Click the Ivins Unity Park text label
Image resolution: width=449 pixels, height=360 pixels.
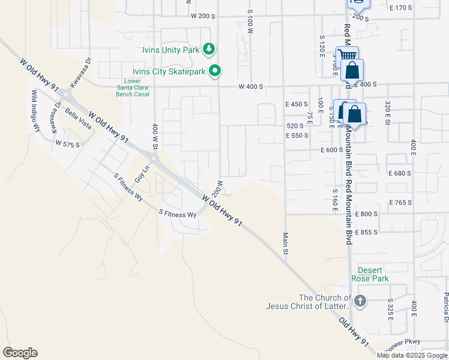click(170, 50)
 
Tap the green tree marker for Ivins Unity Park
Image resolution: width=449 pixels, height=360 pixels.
click(208, 49)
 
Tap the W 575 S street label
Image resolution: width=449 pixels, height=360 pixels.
click(67, 144)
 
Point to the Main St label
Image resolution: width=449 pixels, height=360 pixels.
click(286, 243)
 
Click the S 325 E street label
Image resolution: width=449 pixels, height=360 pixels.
click(390, 309)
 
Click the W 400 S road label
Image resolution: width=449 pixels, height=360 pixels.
click(251, 87)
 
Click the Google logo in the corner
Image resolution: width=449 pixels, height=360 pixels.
click(20, 353)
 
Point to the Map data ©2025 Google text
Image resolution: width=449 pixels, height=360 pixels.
click(412, 355)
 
